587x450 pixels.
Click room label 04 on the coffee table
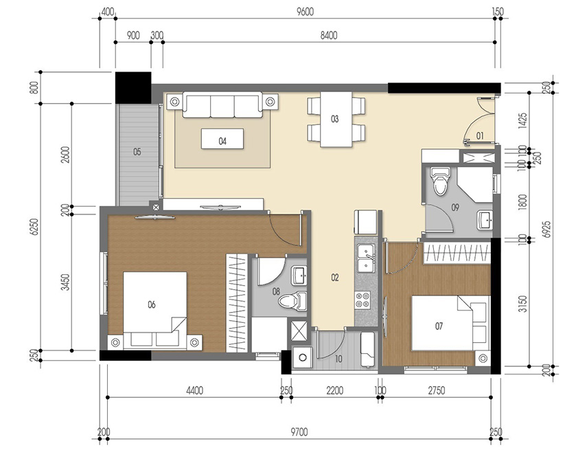tap(222, 141)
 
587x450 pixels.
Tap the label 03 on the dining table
tap(335, 119)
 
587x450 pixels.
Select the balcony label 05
tap(137, 152)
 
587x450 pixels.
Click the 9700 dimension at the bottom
tap(299, 431)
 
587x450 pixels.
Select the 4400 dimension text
tap(194, 391)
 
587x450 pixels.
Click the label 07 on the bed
tap(439, 326)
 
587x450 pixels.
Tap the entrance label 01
tap(480, 135)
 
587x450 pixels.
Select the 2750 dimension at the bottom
tap(437, 391)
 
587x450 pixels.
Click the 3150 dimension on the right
tap(523, 303)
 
